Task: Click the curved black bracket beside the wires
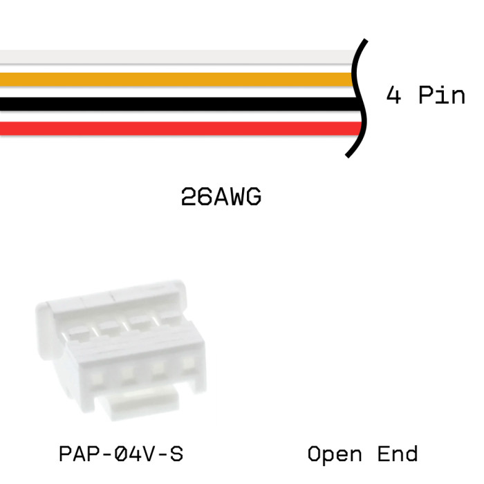[358, 97]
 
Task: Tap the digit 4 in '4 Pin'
[393, 95]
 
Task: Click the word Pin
[442, 95]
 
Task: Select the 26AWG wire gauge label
[221, 198]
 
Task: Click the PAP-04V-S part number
[121, 454]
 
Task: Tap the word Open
[335, 454]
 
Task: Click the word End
[398, 454]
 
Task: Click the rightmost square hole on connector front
[188, 364]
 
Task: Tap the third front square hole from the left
[158, 369]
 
